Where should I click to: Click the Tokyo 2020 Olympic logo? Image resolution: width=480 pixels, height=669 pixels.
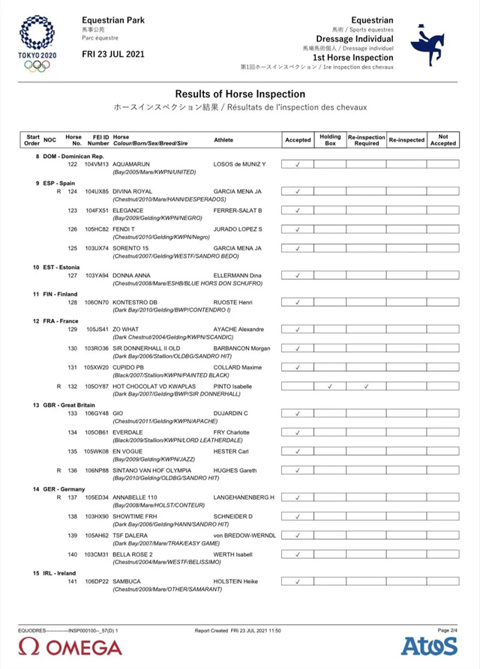[35, 43]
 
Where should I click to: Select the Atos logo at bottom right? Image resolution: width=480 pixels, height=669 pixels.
[429, 646]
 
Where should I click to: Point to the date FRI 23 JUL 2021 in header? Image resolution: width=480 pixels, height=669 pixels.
[113, 55]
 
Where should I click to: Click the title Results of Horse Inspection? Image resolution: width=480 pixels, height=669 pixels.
[240, 94]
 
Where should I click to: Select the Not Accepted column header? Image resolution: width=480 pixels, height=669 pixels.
[442, 140]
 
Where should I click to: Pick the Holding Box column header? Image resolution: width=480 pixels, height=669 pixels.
[330, 140]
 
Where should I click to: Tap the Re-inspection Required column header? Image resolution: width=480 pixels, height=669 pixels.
[366, 140]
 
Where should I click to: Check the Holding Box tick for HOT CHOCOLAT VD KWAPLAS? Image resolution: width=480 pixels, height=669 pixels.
[330, 387]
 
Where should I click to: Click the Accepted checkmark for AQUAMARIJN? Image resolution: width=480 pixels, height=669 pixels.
[298, 164]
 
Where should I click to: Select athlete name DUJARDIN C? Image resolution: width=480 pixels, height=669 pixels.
[231, 413]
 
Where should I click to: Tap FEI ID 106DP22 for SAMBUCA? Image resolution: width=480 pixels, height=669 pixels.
[97, 581]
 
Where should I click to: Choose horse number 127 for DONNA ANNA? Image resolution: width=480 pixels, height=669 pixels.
[73, 276]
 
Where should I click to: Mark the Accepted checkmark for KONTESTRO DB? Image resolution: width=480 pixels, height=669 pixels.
[298, 303]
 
